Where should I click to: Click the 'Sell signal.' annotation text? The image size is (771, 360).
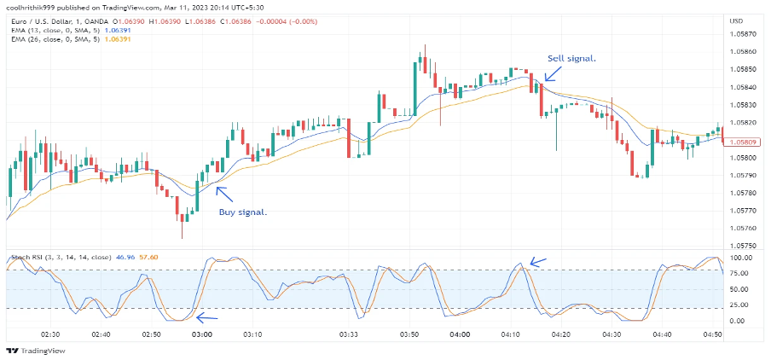(x=571, y=58)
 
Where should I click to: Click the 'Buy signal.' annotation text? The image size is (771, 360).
(x=242, y=212)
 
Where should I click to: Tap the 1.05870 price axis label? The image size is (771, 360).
(x=743, y=34)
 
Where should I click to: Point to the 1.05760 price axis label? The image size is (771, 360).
(x=743, y=228)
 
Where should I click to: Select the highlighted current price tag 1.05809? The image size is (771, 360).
(x=740, y=141)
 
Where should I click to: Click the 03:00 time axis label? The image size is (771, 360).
(x=201, y=335)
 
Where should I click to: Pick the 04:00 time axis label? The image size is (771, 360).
(x=460, y=335)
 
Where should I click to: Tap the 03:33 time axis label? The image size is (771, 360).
(x=351, y=335)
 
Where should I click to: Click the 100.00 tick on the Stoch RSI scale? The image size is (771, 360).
(x=741, y=257)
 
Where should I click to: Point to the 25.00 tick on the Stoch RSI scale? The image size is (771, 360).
(x=739, y=305)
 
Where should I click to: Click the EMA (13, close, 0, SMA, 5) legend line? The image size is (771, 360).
(x=64, y=28)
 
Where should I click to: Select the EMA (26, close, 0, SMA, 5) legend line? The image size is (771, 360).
(x=64, y=38)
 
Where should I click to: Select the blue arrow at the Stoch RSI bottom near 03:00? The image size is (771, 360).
(x=206, y=318)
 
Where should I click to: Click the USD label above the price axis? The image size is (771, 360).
(x=737, y=19)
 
